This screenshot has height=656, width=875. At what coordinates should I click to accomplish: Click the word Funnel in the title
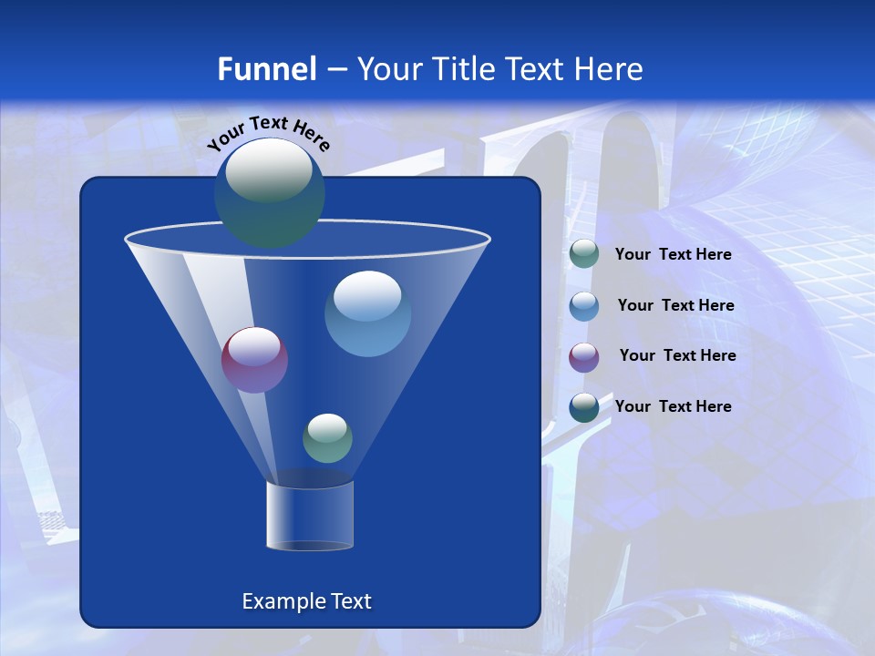coord(266,69)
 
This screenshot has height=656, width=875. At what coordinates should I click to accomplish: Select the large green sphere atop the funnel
coord(270,194)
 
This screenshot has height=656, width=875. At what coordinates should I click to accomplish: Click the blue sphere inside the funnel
coord(367,314)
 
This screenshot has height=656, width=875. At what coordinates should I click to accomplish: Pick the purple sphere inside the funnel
coord(254,360)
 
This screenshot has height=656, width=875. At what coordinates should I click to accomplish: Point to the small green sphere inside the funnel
coord(327,438)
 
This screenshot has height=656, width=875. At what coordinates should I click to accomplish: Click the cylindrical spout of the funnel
coord(310,516)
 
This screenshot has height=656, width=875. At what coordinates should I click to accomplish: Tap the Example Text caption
coord(306,601)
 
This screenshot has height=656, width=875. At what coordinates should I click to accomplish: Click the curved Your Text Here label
coord(268,133)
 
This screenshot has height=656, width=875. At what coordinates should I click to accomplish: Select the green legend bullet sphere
coord(583,254)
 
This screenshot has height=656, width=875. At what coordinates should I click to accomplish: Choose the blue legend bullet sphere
coord(583,305)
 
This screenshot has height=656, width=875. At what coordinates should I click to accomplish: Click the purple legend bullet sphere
coord(583,356)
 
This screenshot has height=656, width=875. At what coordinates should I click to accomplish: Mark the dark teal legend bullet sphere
coord(583,406)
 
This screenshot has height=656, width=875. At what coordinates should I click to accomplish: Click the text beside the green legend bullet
coord(673,255)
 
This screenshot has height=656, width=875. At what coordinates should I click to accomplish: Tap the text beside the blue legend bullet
coord(675,306)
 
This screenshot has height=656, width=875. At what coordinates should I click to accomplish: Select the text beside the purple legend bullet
coord(677,355)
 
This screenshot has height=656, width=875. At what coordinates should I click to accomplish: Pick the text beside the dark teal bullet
coord(673,406)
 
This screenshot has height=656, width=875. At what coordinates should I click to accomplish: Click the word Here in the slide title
coord(610,69)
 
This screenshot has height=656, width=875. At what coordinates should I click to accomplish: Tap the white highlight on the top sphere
coord(269,169)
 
